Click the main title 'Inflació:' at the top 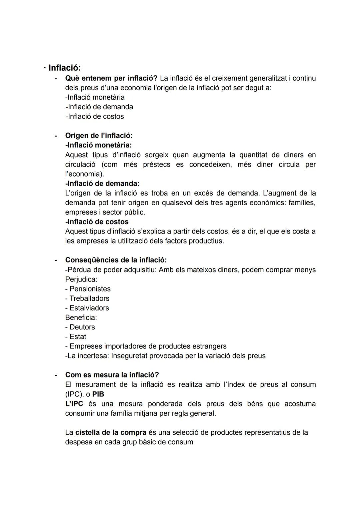[64, 68]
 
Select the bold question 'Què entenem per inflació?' [111, 78]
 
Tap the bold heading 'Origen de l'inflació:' [99, 136]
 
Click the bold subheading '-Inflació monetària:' [98, 145]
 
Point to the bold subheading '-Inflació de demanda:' [102, 184]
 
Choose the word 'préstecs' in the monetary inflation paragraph [157, 165]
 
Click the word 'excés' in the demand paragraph [213, 193]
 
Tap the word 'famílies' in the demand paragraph [302, 203]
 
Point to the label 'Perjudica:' [81, 279]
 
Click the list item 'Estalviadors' [89, 308]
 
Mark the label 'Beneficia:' [81, 317]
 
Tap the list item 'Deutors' [82, 327]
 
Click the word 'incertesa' [93, 356]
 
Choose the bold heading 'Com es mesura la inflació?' [112, 375]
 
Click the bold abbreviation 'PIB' [98, 394]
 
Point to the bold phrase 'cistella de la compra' [111, 432]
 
